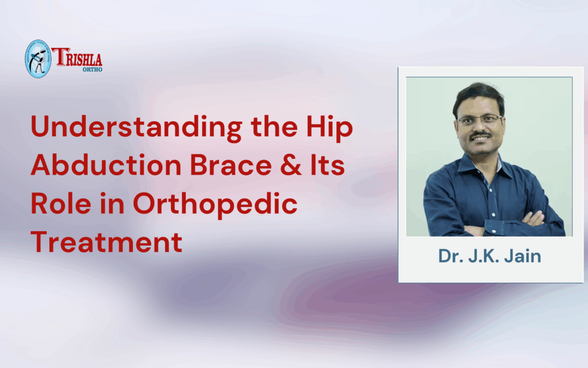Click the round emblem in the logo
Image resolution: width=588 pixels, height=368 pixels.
[x=38, y=58]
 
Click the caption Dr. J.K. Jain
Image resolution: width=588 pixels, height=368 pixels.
[x=489, y=256]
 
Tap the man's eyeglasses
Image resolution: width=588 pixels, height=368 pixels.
[x=479, y=119]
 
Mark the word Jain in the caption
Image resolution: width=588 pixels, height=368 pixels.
[x=523, y=256]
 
